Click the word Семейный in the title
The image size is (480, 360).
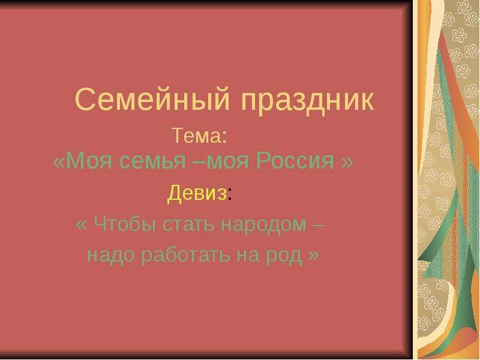pos(152,99)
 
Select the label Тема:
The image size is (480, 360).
pos(199,135)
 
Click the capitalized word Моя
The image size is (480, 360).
pos(89,160)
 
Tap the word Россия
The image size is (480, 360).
pos(295,161)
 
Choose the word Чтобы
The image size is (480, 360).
pos(126,224)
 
